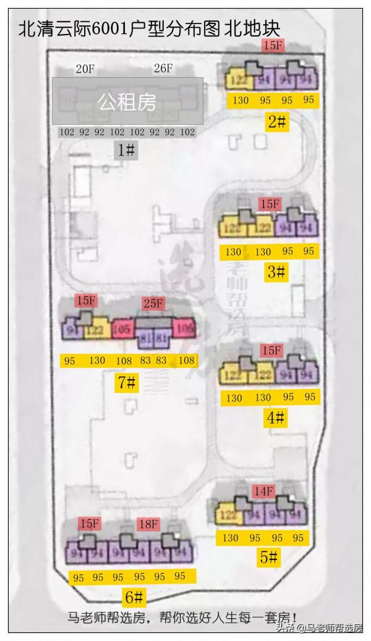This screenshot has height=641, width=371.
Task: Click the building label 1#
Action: click(127, 149)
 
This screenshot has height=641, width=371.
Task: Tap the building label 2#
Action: click(277, 121)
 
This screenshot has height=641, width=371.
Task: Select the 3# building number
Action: click(276, 271)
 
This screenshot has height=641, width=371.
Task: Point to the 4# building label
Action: click(275, 418)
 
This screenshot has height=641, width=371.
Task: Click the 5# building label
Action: click(268, 558)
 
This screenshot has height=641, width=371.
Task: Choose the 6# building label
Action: click(134, 597)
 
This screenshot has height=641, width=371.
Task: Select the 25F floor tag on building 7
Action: click(153, 303)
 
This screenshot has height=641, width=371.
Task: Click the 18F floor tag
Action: click(148, 523)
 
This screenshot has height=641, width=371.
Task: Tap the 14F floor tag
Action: click(263, 492)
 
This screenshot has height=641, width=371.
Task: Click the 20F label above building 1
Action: click(85, 69)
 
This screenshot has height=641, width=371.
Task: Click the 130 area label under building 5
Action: click(230, 538)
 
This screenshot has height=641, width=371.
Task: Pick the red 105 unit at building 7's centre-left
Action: click(122, 329)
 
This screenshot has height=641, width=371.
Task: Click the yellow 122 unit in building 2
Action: click(236, 80)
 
